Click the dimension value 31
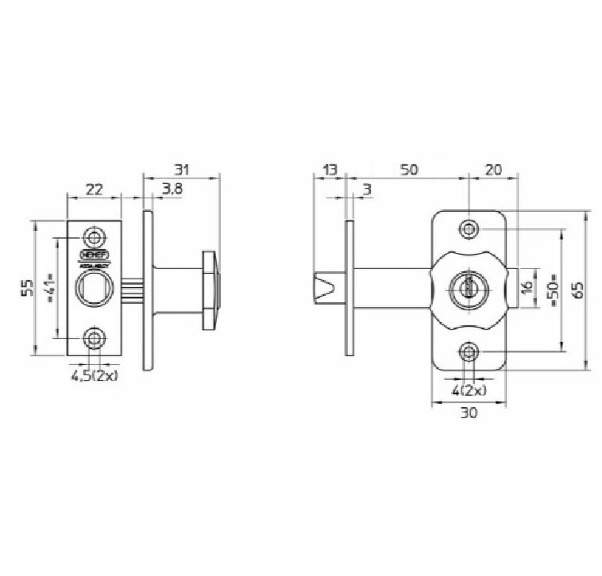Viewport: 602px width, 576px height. pos(182,170)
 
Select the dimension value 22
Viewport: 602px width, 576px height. pos(94,189)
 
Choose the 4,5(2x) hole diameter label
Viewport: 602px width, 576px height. pos(95,376)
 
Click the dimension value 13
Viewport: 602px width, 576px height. pos(330,170)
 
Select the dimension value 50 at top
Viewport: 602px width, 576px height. pos(409,170)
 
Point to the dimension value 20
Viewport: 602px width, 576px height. pos(493,170)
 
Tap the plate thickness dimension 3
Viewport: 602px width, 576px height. pos(366,189)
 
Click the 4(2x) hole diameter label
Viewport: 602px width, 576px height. pos(469,390)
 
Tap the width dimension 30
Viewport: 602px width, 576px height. pos(469,413)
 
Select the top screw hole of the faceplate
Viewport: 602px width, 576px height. pos(95,237)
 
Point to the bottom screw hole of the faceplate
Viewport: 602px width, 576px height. pos(95,340)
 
